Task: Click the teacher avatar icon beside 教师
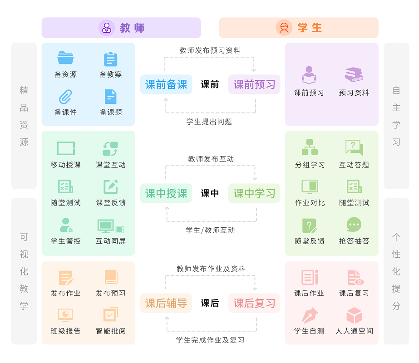[107, 28]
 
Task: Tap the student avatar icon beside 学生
[284, 28]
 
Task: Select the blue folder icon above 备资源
[65, 58]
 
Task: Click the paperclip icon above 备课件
[65, 96]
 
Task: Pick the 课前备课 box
[166, 84]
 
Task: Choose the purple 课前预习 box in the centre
[254, 84]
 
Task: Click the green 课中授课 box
[166, 193]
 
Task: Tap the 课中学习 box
[254, 193]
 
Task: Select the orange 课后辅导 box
[166, 303]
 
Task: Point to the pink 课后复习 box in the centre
[254, 303]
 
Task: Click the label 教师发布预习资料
[210, 50]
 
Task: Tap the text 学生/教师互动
[210, 230]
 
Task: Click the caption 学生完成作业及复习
[210, 340]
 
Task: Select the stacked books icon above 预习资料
[354, 75]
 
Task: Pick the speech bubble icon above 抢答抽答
[354, 225]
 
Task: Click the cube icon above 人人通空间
[354, 315]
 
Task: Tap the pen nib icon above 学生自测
[309, 315]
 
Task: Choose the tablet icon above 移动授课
[66, 148]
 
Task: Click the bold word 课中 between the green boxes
[210, 193]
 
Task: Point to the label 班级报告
[65, 331]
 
